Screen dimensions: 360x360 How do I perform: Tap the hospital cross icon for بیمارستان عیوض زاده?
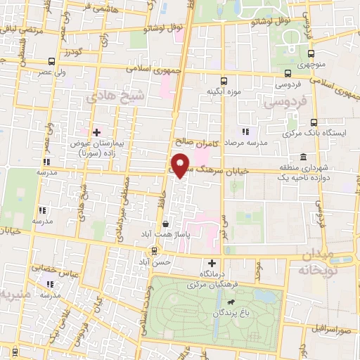97,132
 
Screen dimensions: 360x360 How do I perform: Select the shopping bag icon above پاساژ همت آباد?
165,226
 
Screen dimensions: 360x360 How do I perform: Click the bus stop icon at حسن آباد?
154,251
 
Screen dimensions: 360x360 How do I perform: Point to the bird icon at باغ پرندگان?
230,304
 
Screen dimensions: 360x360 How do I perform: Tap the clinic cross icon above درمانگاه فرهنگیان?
202,262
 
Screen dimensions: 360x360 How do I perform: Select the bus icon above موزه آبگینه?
224,81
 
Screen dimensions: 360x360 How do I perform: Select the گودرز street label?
71,53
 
